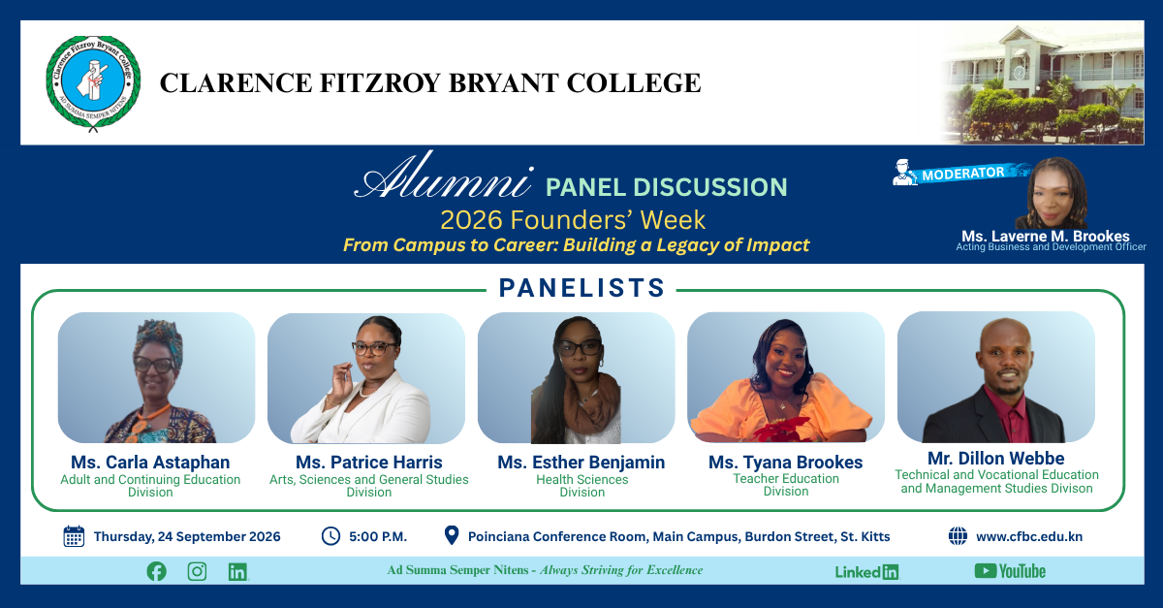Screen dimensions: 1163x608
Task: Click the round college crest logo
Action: [93, 82]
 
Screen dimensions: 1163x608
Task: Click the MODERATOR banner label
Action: [963, 173]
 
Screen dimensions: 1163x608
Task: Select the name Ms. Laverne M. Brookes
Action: [1045, 236]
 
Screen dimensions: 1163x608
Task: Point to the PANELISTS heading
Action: [582, 288]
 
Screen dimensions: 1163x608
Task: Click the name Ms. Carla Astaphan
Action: [150, 462]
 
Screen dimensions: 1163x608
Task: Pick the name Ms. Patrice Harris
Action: [369, 462]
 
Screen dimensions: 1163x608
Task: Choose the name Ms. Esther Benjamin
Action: [581, 462]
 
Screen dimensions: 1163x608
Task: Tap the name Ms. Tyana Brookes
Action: [786, 462]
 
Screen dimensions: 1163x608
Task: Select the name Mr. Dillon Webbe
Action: [996, 459]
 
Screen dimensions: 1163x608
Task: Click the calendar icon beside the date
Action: [74, 536]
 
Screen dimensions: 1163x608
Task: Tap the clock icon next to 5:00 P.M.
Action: [330, 536]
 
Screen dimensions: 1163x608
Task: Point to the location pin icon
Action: [452, 536]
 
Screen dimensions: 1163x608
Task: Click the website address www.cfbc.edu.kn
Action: [1029, 537]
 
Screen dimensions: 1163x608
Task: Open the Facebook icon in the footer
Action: [156, 571]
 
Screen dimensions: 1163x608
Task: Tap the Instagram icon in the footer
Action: [197, 571]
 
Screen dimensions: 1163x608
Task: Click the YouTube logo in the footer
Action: [1010, 571]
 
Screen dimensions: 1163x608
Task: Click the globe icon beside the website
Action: [958, 536]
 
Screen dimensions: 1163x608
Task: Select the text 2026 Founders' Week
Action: [573, 220]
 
